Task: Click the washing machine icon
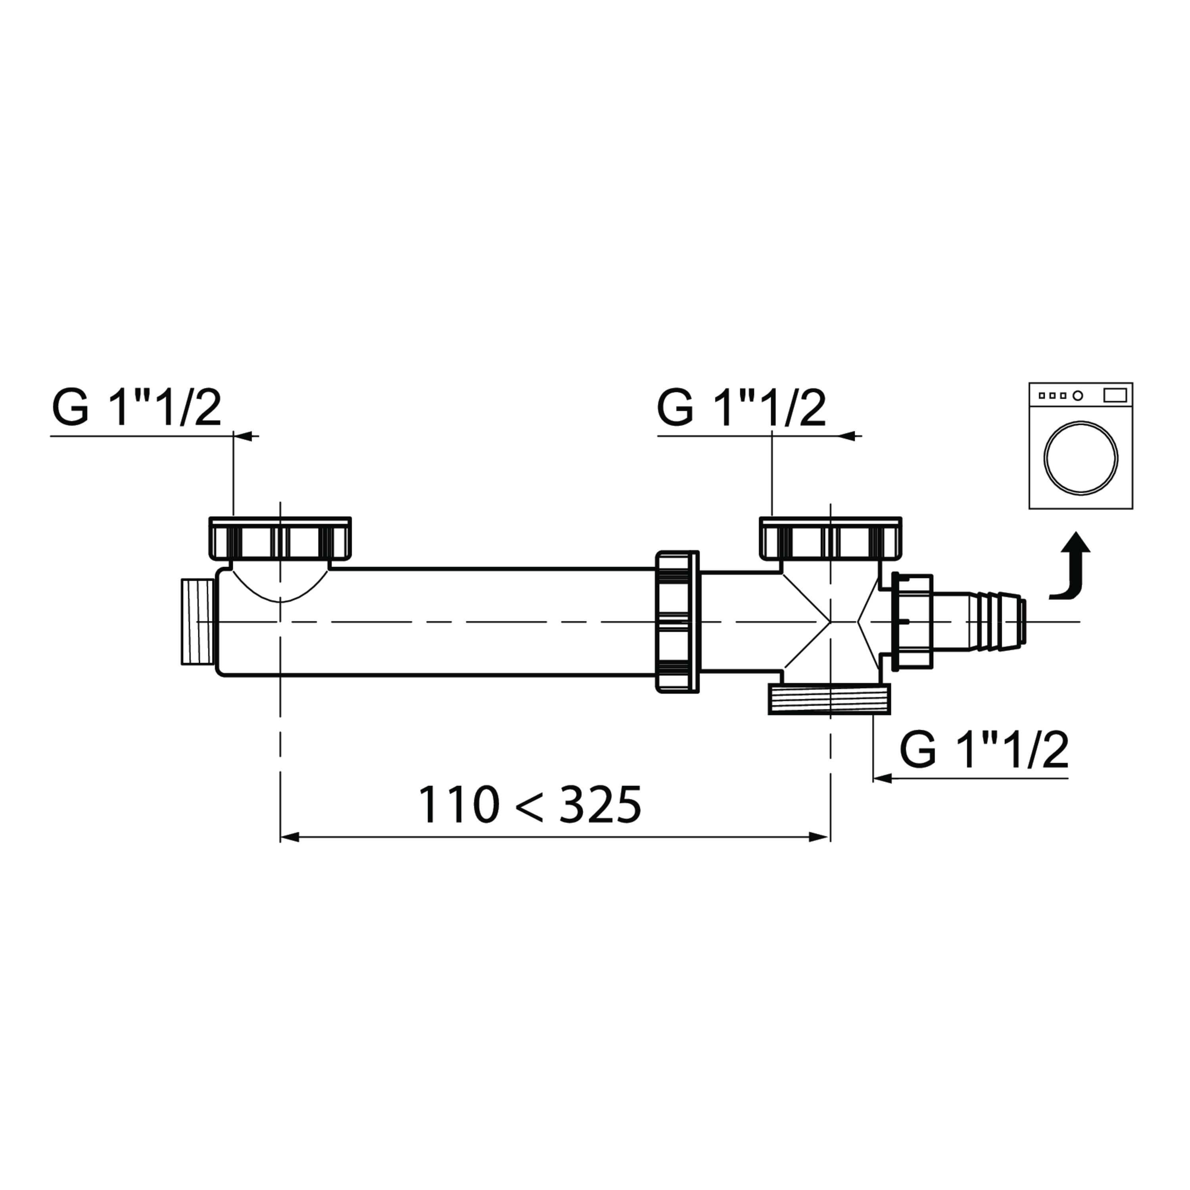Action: coord(1081,446)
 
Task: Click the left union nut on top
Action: coord(280,538)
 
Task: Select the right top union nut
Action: coord(831,538)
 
